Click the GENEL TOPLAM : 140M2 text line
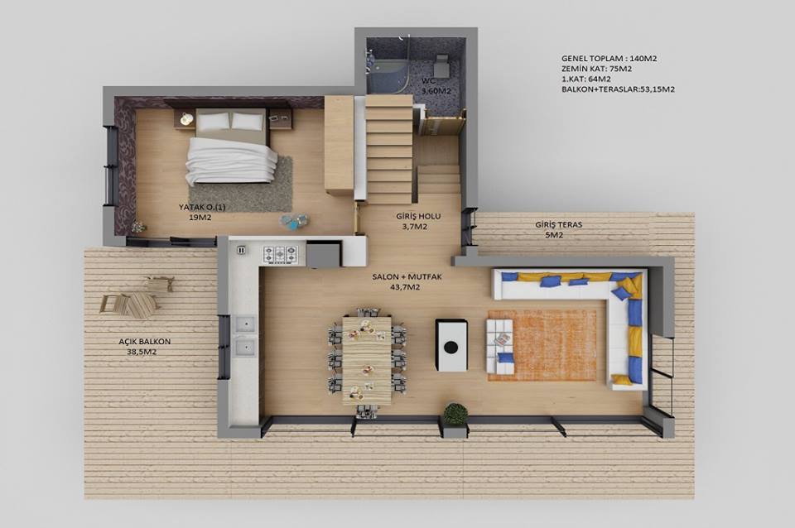coord(609,58)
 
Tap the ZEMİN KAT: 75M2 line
coord(597,69)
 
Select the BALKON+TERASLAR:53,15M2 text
coord(618,89)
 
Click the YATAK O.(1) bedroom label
coord(202,207)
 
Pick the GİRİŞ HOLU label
coord(418,216)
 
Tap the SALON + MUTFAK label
coord(407,277)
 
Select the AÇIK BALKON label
coord(144,342)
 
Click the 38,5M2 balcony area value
coord(142,352)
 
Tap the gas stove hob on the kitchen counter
coord(279,253)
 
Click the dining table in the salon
coord(367,360)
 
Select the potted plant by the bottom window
coord(455,414)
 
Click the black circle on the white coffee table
coord(450,347)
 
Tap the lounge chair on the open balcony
coord(130,305)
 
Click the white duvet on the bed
coord(231,161)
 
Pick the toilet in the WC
coord(442,64)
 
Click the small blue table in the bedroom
coord(295,222)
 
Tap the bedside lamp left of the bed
coord(186,119)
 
